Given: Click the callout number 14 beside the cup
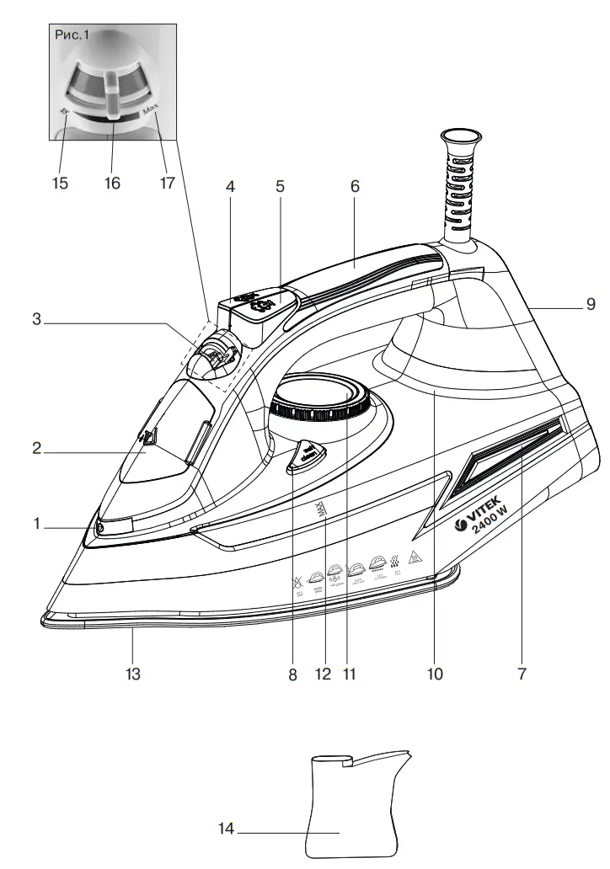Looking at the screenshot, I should [226, 829].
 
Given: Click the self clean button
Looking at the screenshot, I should [305, 456].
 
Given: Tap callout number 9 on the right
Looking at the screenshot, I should [591, 305].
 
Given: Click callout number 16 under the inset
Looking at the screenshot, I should [112, 183].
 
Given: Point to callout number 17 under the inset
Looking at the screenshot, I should [166, 183].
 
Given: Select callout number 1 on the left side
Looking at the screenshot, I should [37, 524].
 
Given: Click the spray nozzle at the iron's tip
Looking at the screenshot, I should [99, 527].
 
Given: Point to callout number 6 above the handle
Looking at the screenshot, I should [355, 187].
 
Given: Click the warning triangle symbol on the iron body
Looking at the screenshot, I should [414, 557].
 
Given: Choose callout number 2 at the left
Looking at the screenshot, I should [37, 448].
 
